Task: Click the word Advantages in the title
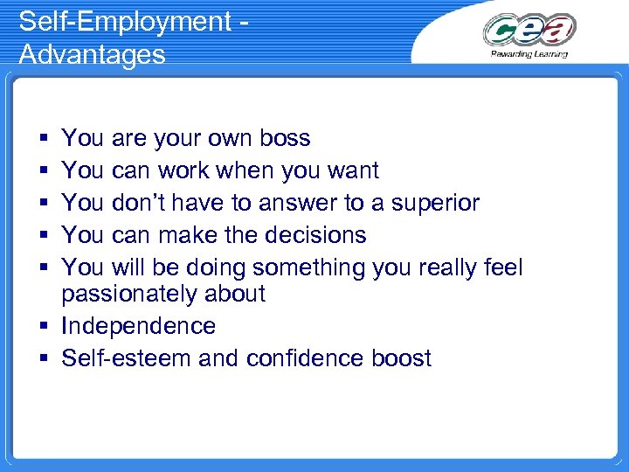coord(92,54)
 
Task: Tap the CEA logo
coord(529,31)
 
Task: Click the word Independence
coord(138,326)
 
